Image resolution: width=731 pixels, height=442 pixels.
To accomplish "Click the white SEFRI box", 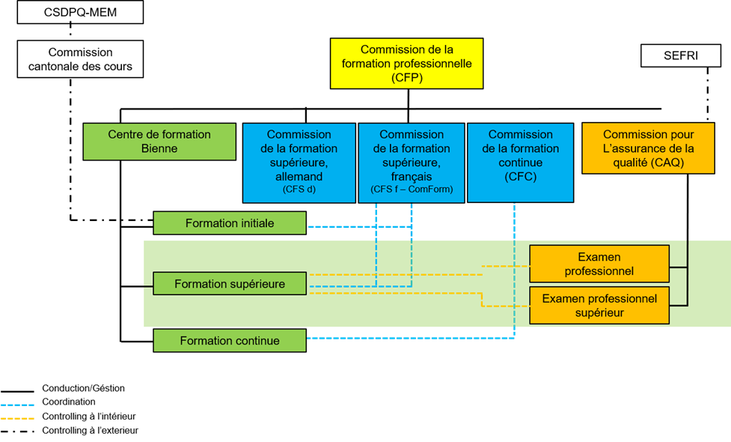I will [680, 56].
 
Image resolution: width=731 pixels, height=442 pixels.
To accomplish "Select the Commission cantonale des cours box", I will [80, 59].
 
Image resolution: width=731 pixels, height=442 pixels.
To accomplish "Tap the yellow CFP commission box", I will [406, 64].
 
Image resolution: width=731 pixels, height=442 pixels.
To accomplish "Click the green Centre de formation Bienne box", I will [159, 142].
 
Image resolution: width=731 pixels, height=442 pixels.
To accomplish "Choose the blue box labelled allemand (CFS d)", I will [299, 163].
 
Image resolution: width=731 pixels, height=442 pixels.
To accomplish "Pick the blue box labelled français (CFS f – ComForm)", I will [412, 163].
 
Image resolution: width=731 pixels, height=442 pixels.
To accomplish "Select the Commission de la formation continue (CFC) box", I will [520, 163].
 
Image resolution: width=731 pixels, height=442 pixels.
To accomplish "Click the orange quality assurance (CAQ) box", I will [648, 148].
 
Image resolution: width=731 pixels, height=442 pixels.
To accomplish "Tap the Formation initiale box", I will [230, 223].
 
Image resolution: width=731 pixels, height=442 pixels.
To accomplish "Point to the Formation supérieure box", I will [230, 284].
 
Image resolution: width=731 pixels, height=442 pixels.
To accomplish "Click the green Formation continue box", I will [230, 341].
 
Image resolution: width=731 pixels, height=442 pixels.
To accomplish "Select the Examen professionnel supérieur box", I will [599, 306].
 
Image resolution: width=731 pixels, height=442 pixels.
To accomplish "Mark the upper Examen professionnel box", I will [599, 264].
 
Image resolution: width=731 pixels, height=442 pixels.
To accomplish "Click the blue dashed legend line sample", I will [17, 405].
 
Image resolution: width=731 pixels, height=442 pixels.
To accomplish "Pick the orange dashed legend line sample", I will [17, 419].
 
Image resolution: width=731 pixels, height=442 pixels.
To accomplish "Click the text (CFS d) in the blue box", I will [299, 190].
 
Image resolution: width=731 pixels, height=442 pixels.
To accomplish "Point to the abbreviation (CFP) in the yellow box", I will [406, 77].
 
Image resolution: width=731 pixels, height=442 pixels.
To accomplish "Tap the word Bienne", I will [159, 148].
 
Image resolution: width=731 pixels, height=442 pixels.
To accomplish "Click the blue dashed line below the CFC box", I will [515, 270].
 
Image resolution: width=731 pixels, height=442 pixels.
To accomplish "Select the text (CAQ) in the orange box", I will [667, 163].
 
